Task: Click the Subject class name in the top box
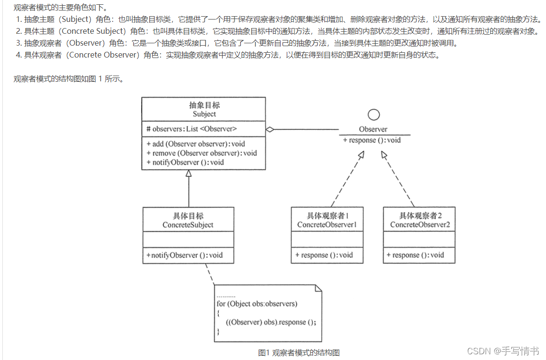[x=204, y=114]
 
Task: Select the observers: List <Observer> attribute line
[x=192, y=129]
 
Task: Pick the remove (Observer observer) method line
[x=202, y=153]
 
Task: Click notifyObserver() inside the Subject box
[x=185, y=162]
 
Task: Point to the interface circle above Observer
[x=374, y=115]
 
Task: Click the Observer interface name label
[x=373, y=129]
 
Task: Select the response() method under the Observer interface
[x=371, y=140]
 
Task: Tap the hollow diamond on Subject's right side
[x=270, y=129]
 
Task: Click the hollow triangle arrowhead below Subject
[x=189, y=174]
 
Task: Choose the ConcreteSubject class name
[x=188, y=225]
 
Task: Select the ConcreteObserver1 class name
[x=327, y=224]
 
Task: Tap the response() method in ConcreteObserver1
[x=324, y=255]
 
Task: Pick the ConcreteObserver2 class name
[x=419, y=224]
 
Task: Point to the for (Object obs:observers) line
[x=256, y=303]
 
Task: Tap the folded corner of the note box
[x=318, y=288]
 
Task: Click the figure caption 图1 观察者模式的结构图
[x=299, y=352]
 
